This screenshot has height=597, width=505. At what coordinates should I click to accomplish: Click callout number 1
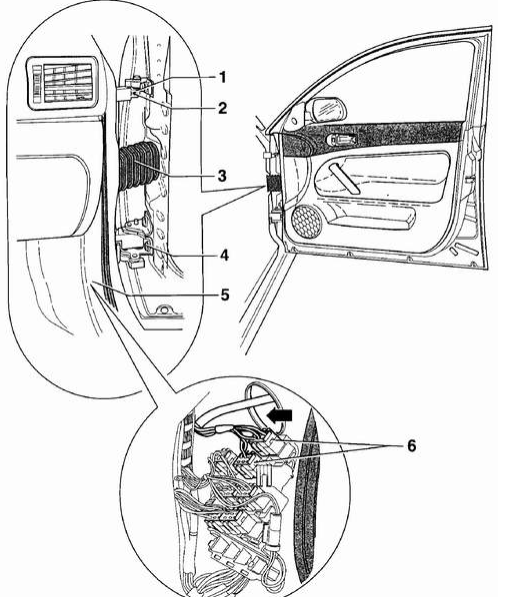point(222,77)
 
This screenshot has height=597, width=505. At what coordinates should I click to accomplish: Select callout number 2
point(222,108)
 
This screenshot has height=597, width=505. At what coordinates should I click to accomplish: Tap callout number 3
point(222,176)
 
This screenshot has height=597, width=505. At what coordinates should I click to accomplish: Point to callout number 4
point(225,256)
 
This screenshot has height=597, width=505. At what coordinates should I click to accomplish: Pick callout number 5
point(225,295)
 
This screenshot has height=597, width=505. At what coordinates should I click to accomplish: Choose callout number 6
point(411,445)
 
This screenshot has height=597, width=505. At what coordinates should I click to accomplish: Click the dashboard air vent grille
point(62,84)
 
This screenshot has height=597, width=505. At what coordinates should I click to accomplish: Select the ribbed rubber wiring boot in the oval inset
point(138,166)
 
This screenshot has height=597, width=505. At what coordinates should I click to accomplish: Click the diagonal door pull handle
point(344,178)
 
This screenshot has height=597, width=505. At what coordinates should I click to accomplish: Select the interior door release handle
point(342,140)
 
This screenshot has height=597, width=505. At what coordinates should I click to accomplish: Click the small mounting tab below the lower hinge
point(163,309)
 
